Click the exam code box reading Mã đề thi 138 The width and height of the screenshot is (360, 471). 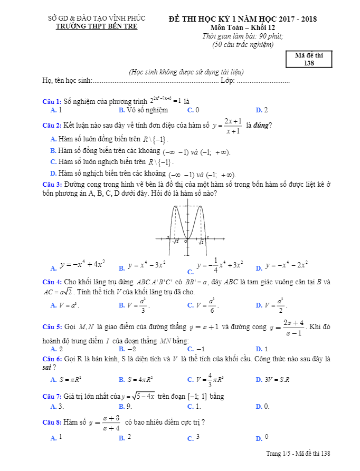click(309, 60)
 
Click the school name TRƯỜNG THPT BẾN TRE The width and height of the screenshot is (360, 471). click(97, 26)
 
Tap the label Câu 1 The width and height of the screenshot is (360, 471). click(52, 101)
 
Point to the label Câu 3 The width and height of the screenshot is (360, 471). click(52, 185)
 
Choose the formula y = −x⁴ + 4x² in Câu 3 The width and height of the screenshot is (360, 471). click(82, 264)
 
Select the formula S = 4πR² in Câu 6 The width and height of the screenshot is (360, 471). click(139, 379)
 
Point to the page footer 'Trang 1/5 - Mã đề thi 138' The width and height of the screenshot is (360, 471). click(298, 454)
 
